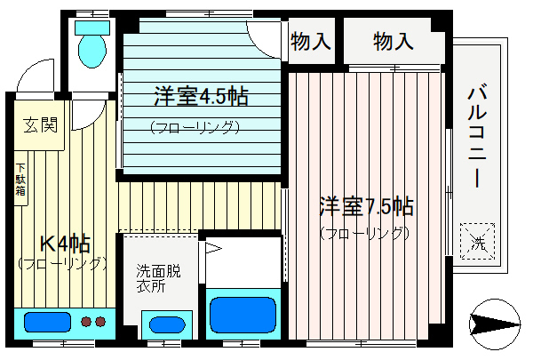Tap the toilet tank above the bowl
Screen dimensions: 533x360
(92, 28)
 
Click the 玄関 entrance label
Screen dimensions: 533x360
(41, 124)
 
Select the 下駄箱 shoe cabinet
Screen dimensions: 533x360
(20, 179)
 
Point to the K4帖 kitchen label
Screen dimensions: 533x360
(65, 244)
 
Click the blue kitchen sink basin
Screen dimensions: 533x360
(47, 322)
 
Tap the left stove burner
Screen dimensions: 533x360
(86, 322)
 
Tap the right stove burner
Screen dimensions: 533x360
(100, 322)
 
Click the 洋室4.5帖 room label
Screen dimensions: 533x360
(202, 97)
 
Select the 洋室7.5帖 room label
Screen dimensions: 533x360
(366, 206)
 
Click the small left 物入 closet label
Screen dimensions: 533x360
(311, 42)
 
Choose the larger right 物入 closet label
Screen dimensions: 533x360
(394, 42)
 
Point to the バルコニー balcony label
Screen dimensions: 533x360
(477, 137)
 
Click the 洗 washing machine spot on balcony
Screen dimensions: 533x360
(478, 241)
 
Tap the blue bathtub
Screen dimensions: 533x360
(243, 314)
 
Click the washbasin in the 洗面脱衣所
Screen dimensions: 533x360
(167, 325)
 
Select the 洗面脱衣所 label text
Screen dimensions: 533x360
(158, 278)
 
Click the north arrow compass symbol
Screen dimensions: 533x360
(495, 324)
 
